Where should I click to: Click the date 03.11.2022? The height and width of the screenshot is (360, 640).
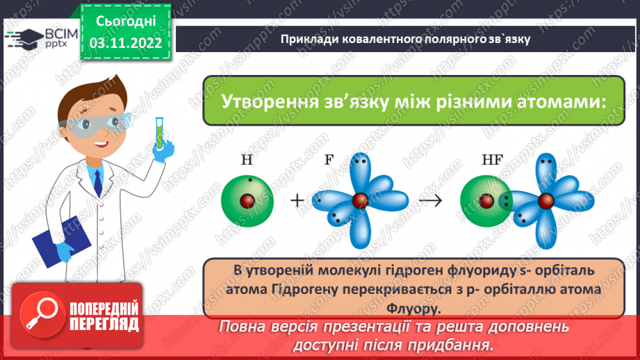point(125,43)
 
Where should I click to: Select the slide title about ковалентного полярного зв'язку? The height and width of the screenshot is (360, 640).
point(406,39)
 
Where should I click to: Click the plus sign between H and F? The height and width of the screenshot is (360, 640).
point(297,201)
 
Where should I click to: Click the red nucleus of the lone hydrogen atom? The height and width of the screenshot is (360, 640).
point(246,201)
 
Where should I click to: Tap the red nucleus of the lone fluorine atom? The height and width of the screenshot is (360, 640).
point(359,201)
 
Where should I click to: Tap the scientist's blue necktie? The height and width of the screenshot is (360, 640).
point(97,181)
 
